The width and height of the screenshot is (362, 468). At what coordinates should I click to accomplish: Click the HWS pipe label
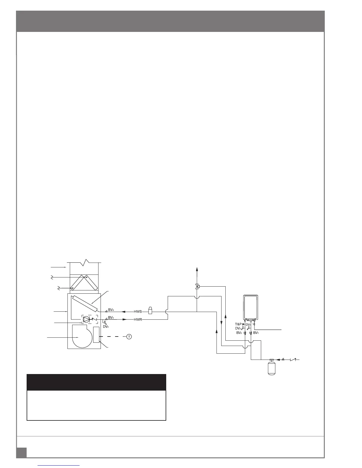[x=138, y=311]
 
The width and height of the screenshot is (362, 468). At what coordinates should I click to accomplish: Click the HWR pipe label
[x=138, y=319]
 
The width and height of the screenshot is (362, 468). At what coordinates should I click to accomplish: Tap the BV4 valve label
[x=111, y=310]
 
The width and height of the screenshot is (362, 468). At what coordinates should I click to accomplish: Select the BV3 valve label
[x=111, y=317]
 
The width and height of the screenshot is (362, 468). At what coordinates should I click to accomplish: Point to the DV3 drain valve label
[x=106, y=326]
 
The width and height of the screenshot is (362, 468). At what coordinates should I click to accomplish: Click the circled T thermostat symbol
[x=129, y=337]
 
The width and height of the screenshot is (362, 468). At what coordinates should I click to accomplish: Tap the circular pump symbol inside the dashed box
[x=86, y=319]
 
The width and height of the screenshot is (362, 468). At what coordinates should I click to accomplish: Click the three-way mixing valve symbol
[x=197, y=286]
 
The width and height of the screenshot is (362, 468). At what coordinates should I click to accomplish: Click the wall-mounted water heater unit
[x=251, y=307]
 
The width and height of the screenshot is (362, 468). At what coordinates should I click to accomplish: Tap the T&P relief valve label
[x=238, y=324]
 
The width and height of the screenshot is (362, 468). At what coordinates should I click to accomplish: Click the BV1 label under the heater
[x=256, y=333]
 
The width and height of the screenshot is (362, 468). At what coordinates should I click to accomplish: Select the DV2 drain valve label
[x=238, y=328]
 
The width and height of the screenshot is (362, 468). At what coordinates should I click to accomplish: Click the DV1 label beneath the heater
[x=248, y=324]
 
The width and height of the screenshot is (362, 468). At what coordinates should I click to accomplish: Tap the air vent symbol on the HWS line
[x=150, y=311]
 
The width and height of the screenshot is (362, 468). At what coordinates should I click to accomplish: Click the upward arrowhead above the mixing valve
[x=197, y=269]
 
